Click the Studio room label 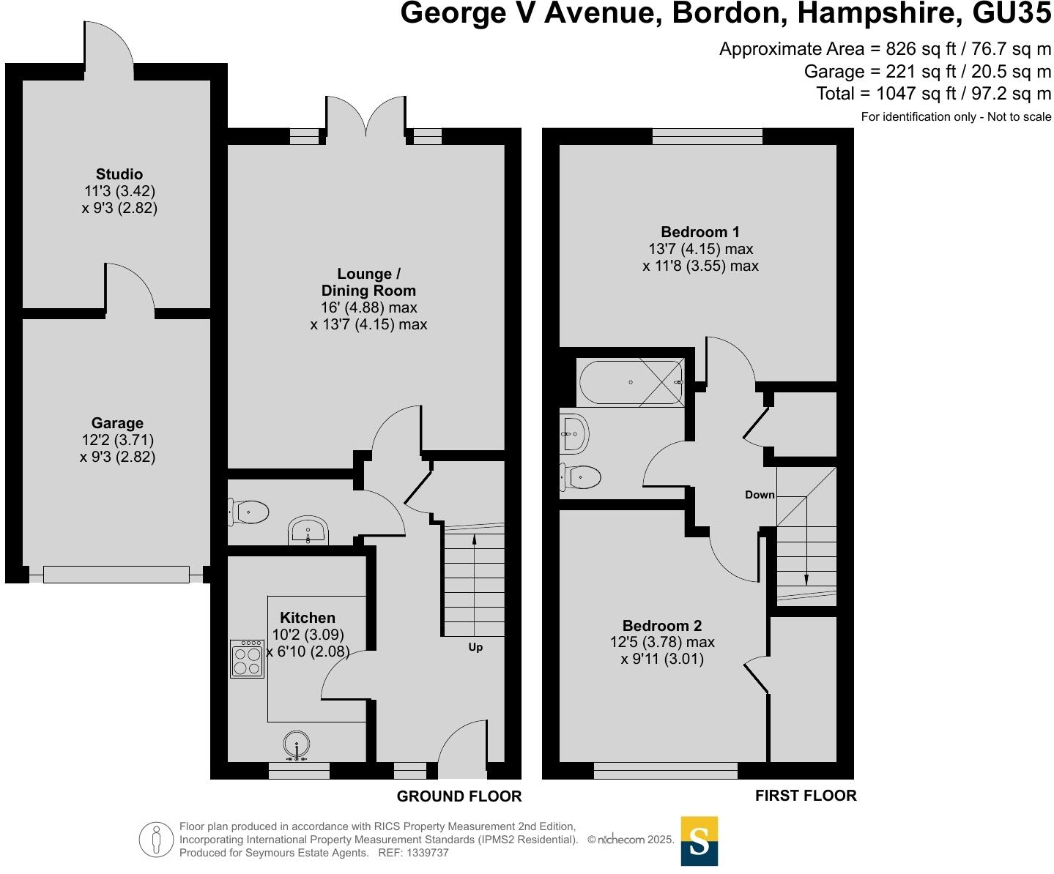[x=119, y=174]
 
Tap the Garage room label [x=117, y=423]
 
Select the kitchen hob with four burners [x=247, y=659]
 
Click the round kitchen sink [x=297, y=745]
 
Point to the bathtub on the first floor [x=631, y=382]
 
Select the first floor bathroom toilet [x=581, y=477]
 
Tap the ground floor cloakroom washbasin [x=308, y=530]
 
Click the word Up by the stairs [x=475, y=647]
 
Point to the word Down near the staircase [x=760, y=495]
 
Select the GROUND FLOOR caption [x=459, y=796]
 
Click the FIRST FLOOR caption [x=806, y=796]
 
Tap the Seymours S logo [x=699, y=841]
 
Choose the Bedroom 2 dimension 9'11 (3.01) [x=662, y=659]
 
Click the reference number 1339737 [x=423, y=853]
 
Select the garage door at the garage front [x=116, y=575]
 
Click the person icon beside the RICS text [x=155, y=840]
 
